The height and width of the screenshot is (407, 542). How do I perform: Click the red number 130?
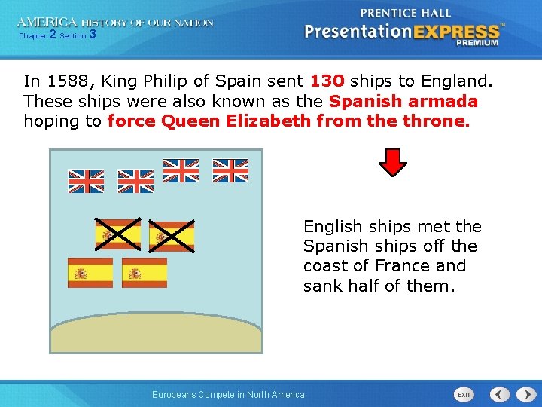(x=327, y=81)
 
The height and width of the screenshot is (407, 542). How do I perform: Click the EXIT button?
(x=465, y=394)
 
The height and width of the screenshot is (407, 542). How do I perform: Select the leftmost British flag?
(x=86, y=181)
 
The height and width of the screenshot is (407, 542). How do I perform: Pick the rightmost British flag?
(x=230, y=171)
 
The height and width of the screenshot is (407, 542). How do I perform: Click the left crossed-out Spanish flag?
(x=117, y=234)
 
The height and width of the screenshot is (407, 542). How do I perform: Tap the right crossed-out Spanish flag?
(x=171, y=236)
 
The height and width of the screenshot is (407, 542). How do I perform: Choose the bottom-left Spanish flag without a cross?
(x=90, y=273)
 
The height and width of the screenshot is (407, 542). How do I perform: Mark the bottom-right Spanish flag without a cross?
(x=145, y=273)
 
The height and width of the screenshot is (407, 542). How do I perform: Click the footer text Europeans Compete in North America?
(x=228, y=395)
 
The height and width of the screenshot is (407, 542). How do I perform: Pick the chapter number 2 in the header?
(x=52, y=35)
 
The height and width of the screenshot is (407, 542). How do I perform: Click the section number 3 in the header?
(x=92, y=35)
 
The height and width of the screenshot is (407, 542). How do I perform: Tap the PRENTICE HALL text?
(x=406, y=13)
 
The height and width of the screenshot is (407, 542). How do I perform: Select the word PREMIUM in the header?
(x=477, y=43)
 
